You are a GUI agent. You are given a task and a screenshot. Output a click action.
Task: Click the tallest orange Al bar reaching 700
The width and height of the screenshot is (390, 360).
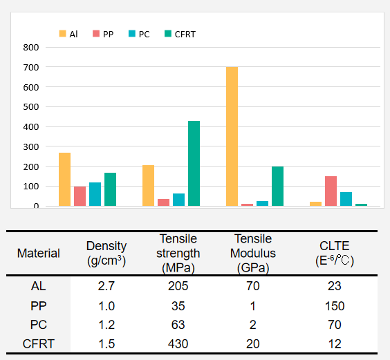tap(232, 137)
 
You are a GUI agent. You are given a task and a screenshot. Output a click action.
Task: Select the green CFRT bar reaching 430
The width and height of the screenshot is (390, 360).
tap(194, 164)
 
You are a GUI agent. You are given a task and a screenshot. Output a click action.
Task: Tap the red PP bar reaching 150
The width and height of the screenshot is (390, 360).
tap(331, 191)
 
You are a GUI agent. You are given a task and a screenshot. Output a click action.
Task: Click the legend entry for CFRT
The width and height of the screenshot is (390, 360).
tap(180, 34)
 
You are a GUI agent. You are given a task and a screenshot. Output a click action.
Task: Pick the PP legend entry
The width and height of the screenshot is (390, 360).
tap(103, 34)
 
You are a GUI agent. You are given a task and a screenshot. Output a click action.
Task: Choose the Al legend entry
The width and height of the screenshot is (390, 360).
tap(68, 34)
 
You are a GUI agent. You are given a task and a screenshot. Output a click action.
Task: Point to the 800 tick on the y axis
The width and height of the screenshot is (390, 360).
tap(31, 47)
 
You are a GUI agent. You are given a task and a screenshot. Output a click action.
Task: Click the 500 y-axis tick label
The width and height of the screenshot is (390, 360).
tap(31, 107)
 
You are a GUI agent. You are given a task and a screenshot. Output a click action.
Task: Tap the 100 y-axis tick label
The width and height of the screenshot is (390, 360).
tap(31, 187)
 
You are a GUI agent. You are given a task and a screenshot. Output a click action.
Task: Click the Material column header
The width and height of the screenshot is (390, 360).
tap(39, 254)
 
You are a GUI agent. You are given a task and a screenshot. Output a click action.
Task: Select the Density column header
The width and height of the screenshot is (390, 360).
tap(106, 254)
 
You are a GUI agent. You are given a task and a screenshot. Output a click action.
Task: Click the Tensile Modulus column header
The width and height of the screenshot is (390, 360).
tap(253, 254)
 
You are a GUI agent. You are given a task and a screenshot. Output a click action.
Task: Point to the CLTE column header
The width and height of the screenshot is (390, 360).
tap(335, 254)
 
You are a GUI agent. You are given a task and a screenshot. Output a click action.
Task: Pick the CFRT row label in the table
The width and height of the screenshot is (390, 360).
tap(39, 344)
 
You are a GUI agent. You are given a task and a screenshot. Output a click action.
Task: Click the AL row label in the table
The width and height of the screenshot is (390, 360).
tap(39, 286)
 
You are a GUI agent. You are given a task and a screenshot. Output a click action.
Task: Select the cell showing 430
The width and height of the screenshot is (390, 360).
tap(178, 344)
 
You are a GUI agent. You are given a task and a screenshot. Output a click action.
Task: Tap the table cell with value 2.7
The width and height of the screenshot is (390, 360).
tap(106, 286)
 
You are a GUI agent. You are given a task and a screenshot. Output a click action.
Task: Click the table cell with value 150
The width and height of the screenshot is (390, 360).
tap(335, 306)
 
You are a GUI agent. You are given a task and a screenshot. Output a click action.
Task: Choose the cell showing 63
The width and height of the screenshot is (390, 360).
tap(178, 325)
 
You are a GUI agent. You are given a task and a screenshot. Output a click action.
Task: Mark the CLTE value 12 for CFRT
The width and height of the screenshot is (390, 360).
tap(335, 344)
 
